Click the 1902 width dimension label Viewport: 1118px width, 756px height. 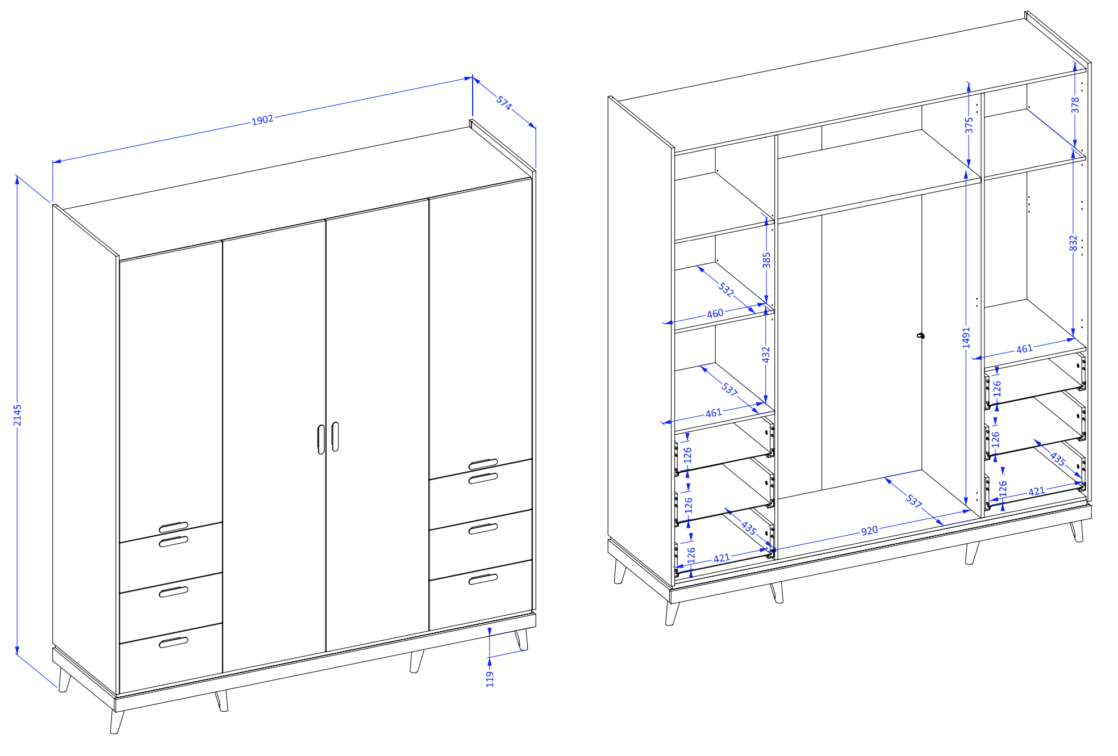click(262, 120)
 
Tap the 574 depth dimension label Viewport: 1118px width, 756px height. click(504, 103)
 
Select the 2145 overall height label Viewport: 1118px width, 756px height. click(18, 415)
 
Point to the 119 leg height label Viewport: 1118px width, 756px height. click(490, 679)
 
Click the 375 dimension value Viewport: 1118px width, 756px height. click(969, 125)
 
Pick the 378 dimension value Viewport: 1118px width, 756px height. click(1075, 105)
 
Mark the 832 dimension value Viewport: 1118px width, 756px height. click(1073, 243)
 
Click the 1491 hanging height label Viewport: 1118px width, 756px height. click(966, 338)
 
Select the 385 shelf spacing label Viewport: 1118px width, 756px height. click(766, 260)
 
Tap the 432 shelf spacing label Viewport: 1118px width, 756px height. click(766, 355)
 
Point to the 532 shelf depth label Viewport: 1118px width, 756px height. click(726, 289)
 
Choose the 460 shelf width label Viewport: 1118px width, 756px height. click(715, 313)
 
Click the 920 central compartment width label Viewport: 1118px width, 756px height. click(869, 531)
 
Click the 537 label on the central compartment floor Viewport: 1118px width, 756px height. click(913, 501)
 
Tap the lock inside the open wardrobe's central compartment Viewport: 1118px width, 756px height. click(921, 335)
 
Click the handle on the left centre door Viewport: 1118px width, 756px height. click(321, 439)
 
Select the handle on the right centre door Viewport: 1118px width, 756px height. click(335, 436)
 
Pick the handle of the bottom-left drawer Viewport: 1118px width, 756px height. click(173, 642)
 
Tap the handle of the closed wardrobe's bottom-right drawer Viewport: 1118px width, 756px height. click(483, 579)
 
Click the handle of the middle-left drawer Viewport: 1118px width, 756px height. click(173, 592)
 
